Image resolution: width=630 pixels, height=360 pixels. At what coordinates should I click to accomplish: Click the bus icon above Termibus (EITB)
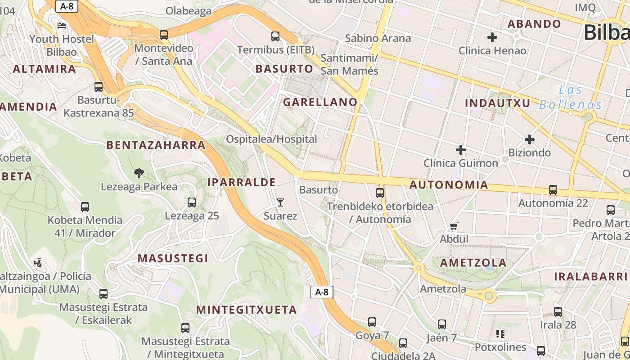pos(275,36)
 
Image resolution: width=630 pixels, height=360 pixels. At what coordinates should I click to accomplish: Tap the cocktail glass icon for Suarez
pos(280,202)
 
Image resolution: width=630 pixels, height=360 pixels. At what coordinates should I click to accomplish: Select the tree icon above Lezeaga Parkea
pos(139,173)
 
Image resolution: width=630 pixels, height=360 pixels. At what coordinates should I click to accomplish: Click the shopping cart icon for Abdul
pos(454,226)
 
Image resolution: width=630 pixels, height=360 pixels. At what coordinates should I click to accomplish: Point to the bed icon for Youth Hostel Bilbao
pos(62,26)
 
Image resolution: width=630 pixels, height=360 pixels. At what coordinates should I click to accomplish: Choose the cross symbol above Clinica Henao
pos(492,37)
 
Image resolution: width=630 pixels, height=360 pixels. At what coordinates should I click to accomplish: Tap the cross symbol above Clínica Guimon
pos(461,149)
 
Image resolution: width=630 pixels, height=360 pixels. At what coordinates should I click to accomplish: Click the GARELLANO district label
pos(320,102)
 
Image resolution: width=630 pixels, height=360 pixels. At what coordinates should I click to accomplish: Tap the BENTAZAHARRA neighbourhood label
pos(156,145)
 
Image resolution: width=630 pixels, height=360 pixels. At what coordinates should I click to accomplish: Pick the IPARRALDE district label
pos(241,182)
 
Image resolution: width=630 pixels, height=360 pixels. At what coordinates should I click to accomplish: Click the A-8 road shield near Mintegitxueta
pos(322,292)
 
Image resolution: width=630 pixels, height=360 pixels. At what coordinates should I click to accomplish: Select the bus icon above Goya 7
pos(372,322)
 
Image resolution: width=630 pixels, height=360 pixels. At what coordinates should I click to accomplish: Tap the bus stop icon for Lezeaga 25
pos(192,202)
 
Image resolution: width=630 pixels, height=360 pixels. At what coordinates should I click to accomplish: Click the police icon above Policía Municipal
pos(39,262)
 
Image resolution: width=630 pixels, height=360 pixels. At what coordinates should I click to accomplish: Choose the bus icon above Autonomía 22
pos(553,190)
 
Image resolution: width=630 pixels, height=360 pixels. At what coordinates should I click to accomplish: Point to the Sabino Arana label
pos(378,38)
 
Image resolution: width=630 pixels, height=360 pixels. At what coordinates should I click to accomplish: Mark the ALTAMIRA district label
pos(45,69)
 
